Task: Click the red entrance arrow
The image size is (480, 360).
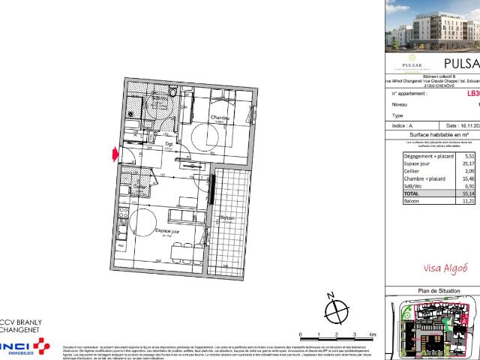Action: coord(115,155)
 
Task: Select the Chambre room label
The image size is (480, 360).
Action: coord(218,118)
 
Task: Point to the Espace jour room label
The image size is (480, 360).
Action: coord(166,232)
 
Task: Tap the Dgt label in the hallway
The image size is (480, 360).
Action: coord(169,144)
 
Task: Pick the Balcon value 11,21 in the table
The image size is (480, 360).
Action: coord(469,201)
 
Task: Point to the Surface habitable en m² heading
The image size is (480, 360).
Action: coord(439,134)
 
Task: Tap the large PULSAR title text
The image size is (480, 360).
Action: coord(460,63)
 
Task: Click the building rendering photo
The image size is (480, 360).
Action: coord(433,26)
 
